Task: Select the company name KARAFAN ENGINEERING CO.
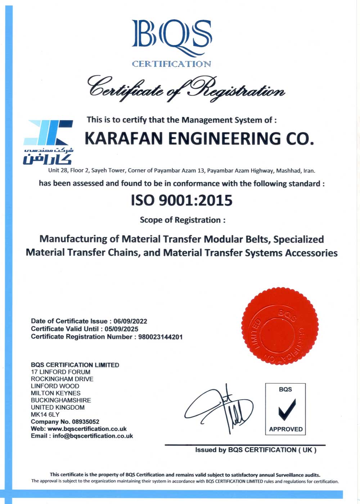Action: (x=199, y=139)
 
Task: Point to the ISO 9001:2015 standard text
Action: (x=181, y=200)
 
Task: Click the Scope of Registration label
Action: (x=183, y=220)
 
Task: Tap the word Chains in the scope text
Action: (x=123, y=253)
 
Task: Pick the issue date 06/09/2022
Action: (x=130, y=321)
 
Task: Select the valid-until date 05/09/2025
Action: (x=121, y=329)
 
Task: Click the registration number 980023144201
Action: (x=160, y=337)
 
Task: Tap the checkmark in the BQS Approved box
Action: (x=287, y=409)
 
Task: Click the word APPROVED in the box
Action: (x=286, y=429)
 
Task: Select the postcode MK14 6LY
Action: (x=45, y=414)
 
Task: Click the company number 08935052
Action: (x=86, y=422)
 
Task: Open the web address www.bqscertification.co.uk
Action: (x=87, y=429)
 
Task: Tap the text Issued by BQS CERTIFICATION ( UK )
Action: (x=256, y=450)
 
